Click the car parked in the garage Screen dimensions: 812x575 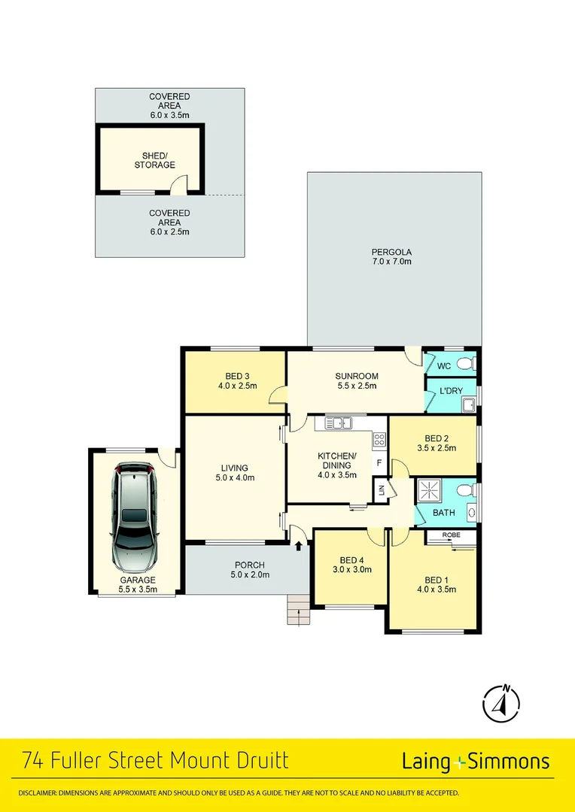click(135, 517)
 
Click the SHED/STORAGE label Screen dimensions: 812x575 click(154, 160)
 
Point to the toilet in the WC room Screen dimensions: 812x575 click(465, 365)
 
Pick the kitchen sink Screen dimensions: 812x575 click(339, 423)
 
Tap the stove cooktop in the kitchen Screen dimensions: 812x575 click(379, 440)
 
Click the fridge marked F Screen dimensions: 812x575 click(379, 462)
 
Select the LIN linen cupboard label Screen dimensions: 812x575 click(382, 490)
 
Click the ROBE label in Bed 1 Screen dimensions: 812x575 click(451, 535)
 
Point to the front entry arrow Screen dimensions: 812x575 click(299, 547)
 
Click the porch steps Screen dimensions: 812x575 click(299, 609)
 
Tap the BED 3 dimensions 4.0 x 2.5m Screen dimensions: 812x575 click(233, 386)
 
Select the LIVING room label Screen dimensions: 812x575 click(235, 468)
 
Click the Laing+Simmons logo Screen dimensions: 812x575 click(475, 761)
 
